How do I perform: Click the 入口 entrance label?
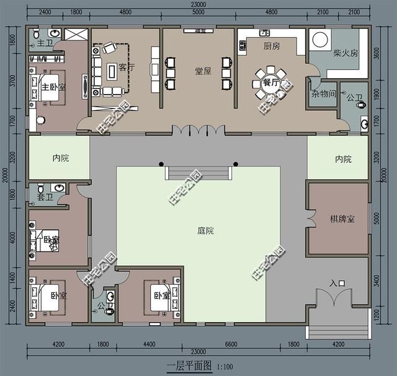[337, 284]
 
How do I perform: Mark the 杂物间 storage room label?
[324, 94]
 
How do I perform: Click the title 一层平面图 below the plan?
[189, 366]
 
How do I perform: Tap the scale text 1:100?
[225, 367]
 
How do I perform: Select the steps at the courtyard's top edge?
[198, 172]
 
